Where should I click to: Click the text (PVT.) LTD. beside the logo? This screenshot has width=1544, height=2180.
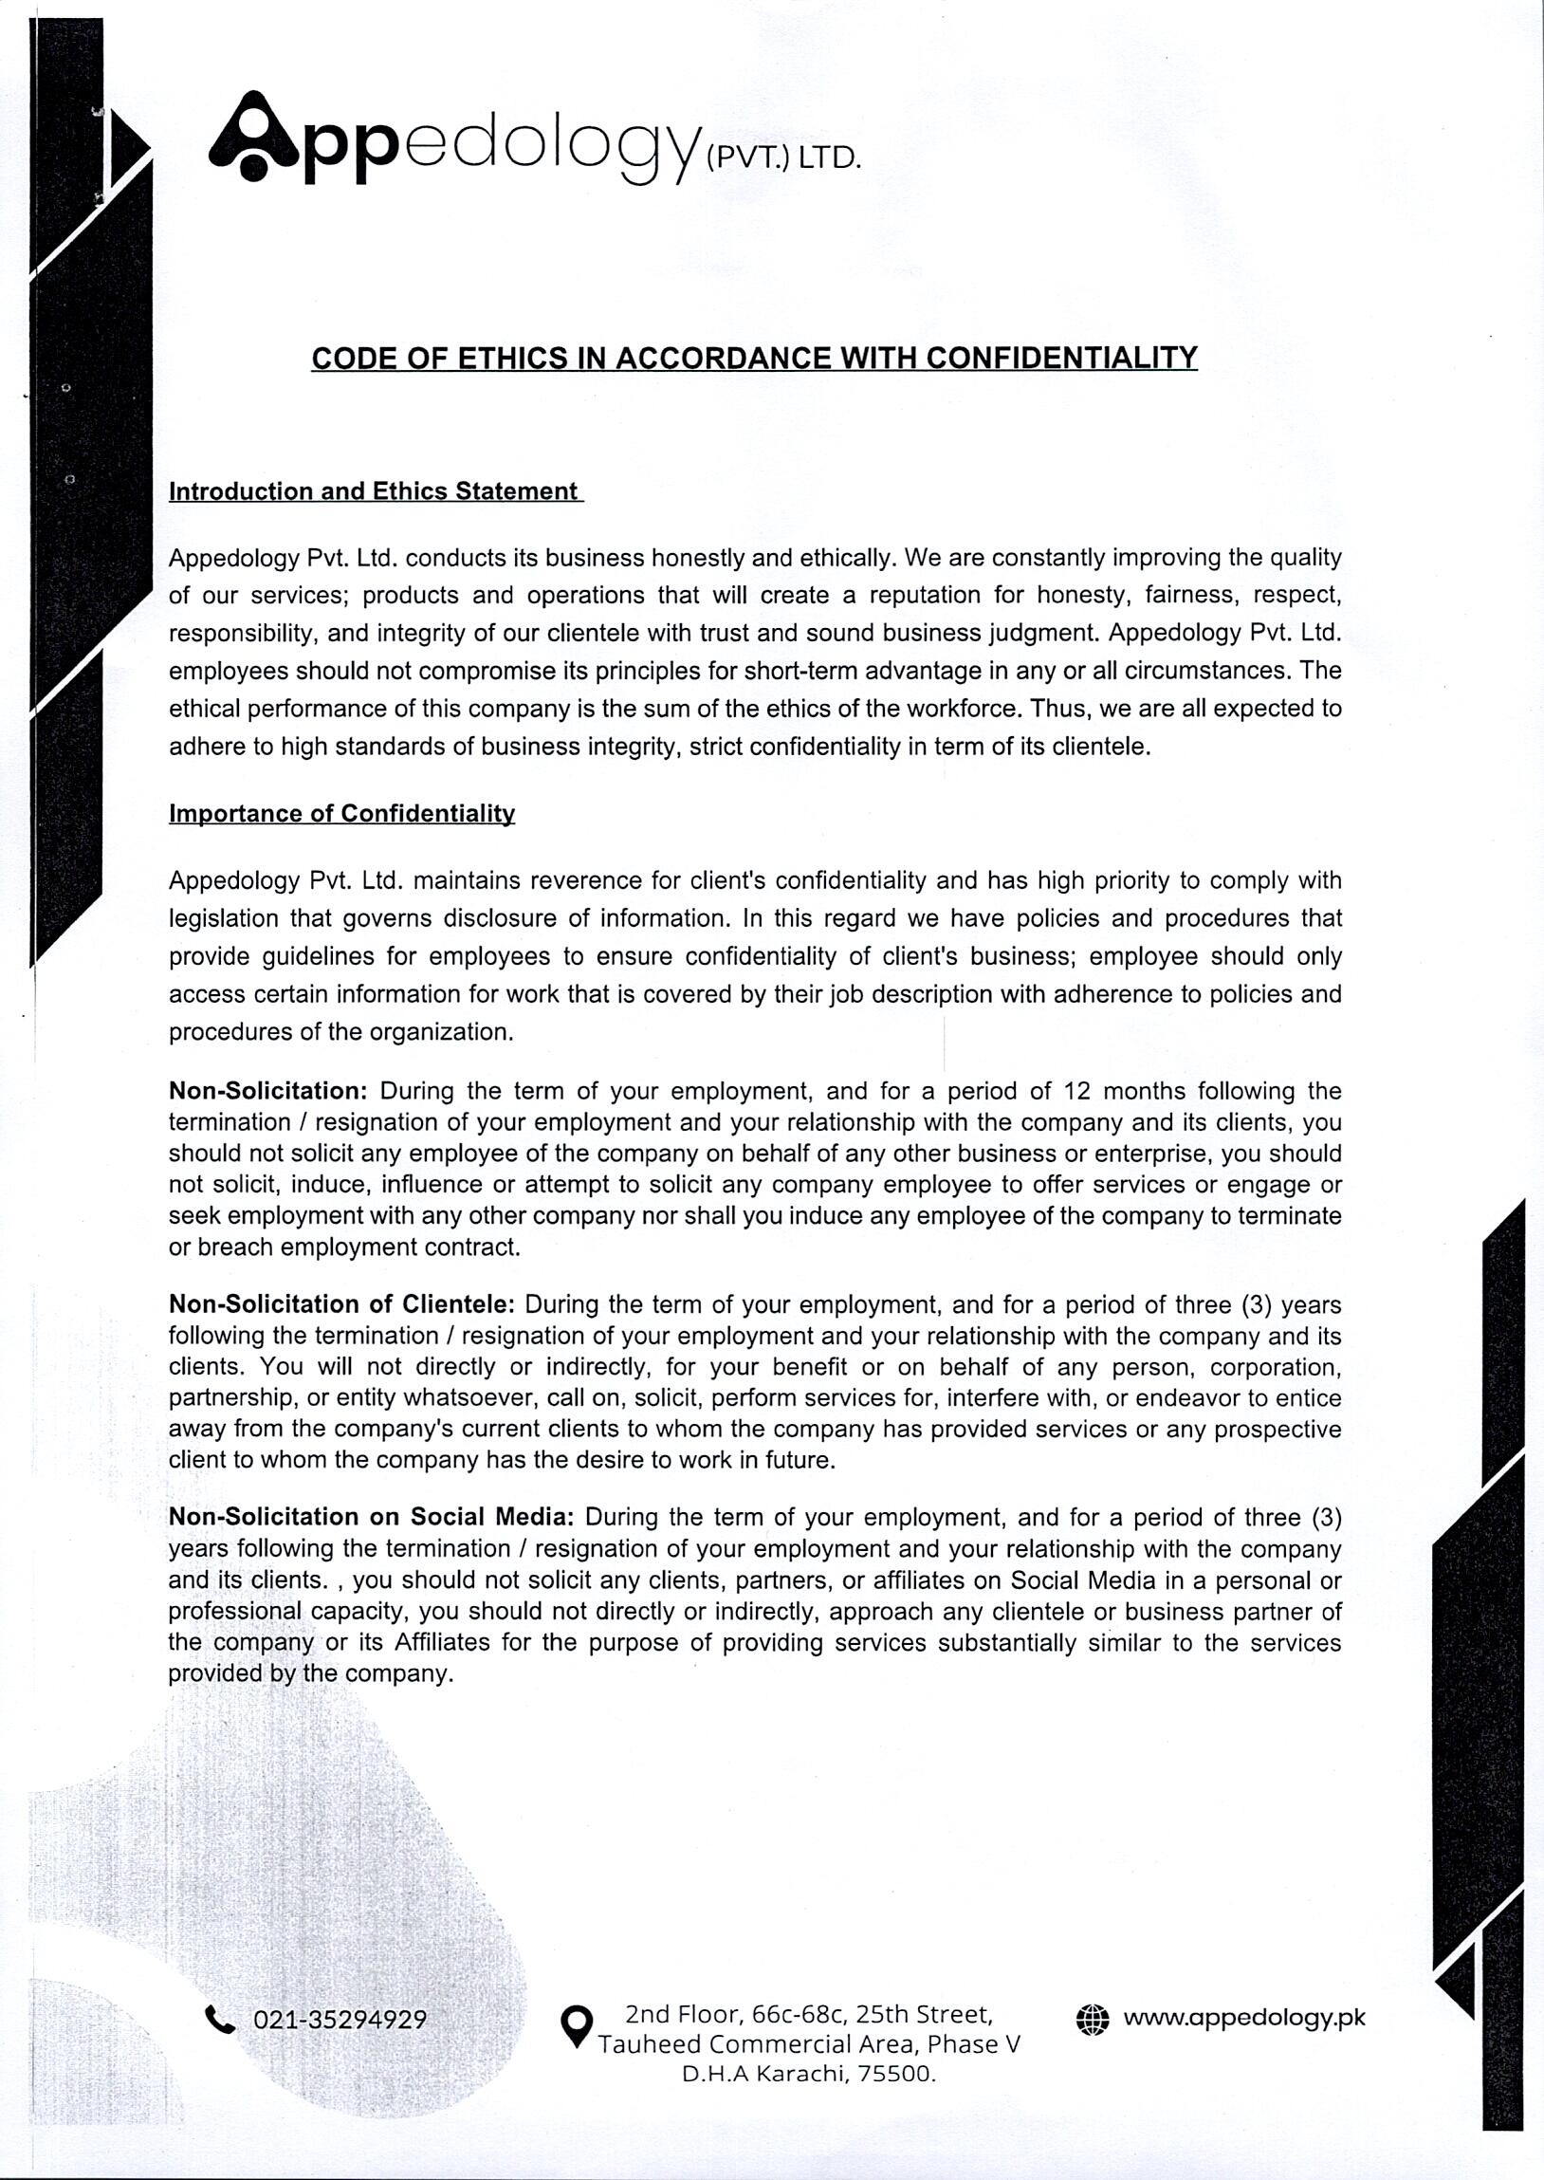coord(782,157)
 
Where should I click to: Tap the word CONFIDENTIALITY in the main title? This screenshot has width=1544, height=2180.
coord(1061,359)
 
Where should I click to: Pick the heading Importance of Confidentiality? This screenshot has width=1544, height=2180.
coord(341,814)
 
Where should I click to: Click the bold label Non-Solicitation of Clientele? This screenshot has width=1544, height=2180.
coord(341,1303)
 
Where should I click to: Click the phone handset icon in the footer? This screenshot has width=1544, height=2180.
coord(220,2019)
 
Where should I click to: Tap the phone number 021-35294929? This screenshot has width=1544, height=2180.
coord(340,2020)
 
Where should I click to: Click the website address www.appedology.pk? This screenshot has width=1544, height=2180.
coord(1243,2018)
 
